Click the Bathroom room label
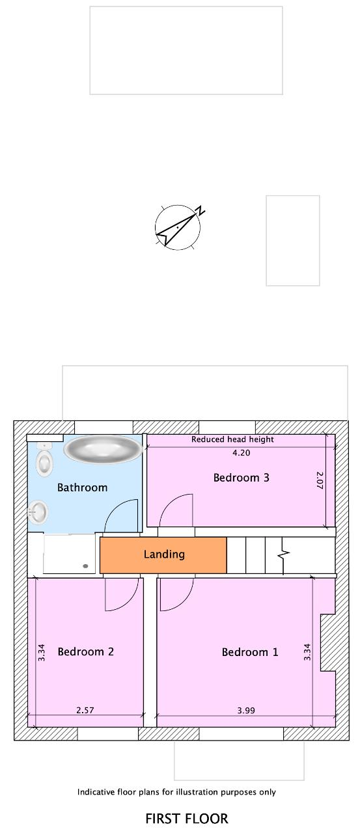coord(82,487)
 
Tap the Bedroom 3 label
coord(241,478)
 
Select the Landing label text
coord(164,554)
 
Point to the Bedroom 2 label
coord(85,651)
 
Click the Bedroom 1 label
coord(250,652)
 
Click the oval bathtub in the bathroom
coord(103,449)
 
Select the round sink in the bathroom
coord(38,512)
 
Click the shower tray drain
coord(85,566)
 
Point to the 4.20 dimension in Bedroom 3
coord(242,452)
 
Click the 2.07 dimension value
coord(320,480)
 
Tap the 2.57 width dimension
coord(85,710)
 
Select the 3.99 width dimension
coord(246,710)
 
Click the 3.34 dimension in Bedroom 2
coord(42,652)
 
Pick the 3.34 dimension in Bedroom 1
coord(307,652)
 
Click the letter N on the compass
coord(201,210)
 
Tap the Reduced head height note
coord(232,439)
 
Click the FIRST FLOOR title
coord(187,819)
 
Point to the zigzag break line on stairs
coord(283,555)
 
